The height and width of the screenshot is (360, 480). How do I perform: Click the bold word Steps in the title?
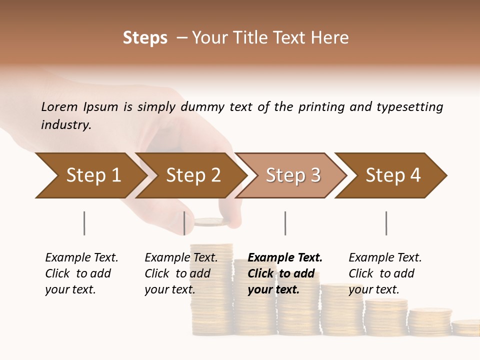145,38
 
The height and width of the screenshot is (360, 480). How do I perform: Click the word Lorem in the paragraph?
59,106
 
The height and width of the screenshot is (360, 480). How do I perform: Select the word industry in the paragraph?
66,124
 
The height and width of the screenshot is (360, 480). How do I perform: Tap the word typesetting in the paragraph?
409,107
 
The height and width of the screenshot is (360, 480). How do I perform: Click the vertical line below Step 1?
84,223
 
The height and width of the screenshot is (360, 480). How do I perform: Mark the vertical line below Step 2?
184,223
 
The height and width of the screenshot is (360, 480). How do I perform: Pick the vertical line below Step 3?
285,223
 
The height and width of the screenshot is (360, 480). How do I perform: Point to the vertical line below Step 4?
386,223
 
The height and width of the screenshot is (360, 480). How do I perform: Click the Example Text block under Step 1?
81,273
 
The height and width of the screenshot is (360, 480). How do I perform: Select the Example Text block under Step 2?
181,273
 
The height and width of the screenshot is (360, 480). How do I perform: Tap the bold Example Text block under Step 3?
285,273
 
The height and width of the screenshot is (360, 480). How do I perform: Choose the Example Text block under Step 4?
385,273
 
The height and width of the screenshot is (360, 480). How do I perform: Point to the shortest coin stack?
465,328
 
